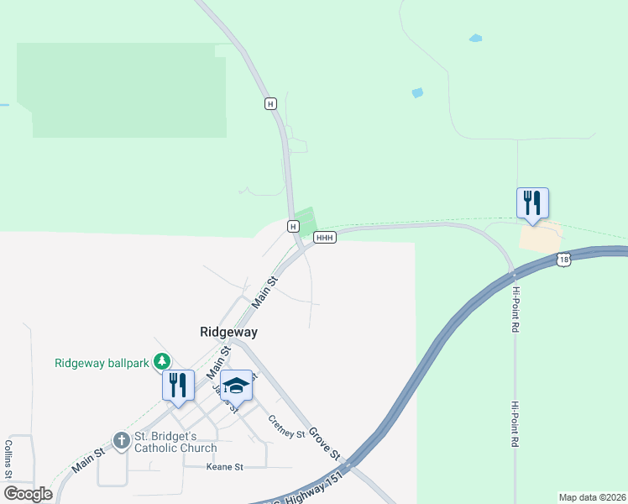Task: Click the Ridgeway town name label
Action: pyautogui.click(x=228, y=332)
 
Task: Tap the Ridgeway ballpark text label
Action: pyautogui.click(x=102, y=363)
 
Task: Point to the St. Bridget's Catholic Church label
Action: pyautogui.click(x=175, y=442)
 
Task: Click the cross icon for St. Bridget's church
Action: pyautogui.click(x=122, y=440)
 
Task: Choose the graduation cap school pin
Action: pyautogui.click(x=236, y=386)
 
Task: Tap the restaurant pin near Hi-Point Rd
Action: pyautogui.click(x=532, y=204)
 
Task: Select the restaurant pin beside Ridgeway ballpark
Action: pyautogui.click(x=178, y=386)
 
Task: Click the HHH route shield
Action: pyautogui.click(x=325, y=239)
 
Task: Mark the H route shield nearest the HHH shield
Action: pyautogui.click(x=292, y=227)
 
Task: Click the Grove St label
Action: pyautogui.click(x=322, y=444)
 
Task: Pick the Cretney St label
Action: pyautogui.click(x=286, y=427)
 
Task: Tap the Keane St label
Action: pyautogui.click(x=225, y=466)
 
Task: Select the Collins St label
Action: pyautogui.click(x=8, y=459)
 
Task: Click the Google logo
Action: pyautogui.click(x=28, y=494)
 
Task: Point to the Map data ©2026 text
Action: pyautogui.click(x=592, y=497)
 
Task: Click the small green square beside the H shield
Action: pyautogui.click(x=306, y=221)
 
